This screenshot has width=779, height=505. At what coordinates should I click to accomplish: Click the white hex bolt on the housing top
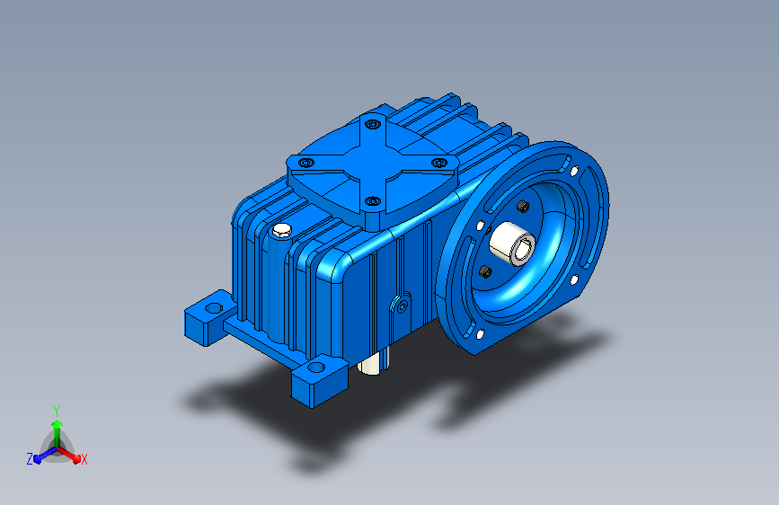point(282,230)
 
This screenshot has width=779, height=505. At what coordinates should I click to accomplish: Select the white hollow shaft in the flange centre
point(512,244)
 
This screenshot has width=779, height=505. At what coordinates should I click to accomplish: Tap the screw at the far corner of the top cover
point(373,124)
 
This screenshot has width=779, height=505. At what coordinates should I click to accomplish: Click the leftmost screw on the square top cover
point(306,163)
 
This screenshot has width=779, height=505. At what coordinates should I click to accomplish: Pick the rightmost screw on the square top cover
point(439,163)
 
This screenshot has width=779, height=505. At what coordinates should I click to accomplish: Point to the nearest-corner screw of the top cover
point(373,201)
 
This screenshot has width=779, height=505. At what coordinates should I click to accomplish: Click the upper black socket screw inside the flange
point(523,207)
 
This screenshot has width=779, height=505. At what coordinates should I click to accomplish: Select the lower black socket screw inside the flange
point(486,272)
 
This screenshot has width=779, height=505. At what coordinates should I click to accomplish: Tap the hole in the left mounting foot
point(214,308)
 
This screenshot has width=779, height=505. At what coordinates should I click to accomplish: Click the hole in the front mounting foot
point(316,368)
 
